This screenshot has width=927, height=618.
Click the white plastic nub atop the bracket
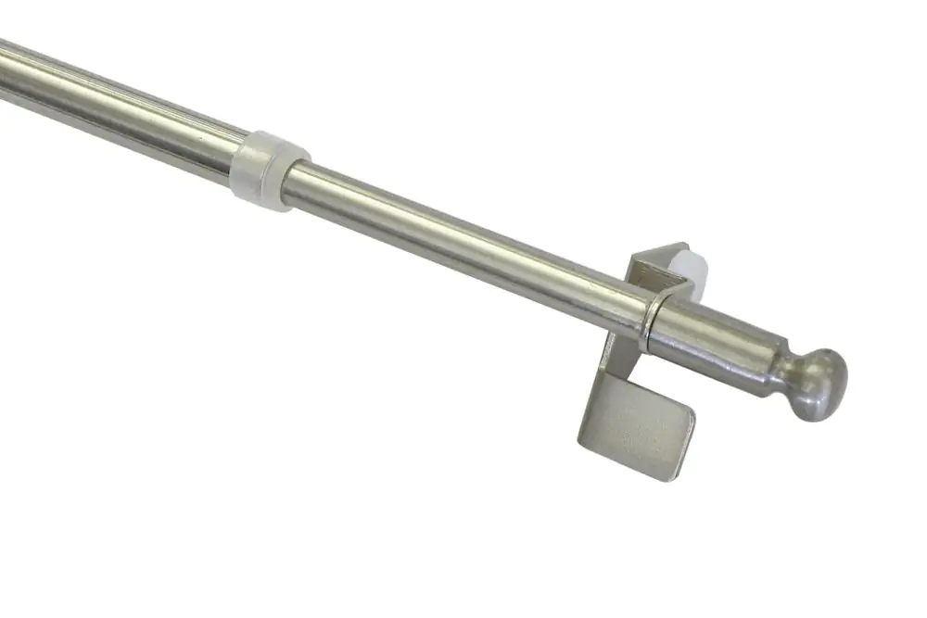[x=679, y=260]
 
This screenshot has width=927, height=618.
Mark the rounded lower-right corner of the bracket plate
[x=682, y=473]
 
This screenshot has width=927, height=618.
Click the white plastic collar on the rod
[x=270, y=170]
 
